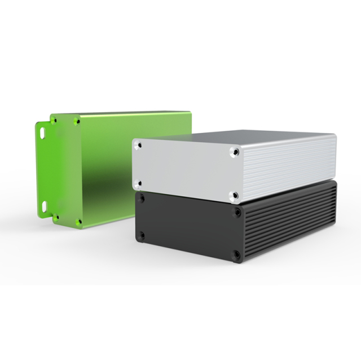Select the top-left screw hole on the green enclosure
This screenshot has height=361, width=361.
tap(55, 120)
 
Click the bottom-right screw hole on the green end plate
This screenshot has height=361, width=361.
tap(78, 221)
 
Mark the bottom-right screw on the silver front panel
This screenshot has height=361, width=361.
tap(235, 196)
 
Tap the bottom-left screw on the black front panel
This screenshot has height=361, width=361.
tap(142, 234)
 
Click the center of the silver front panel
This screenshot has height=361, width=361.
tap(186, 168)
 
